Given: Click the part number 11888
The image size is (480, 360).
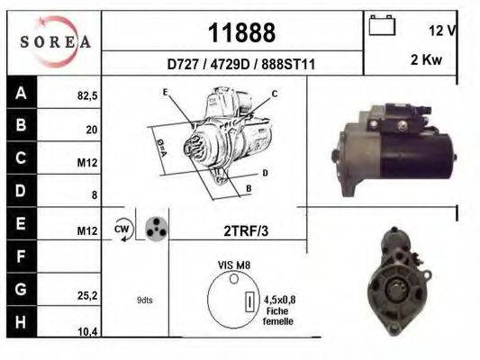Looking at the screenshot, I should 241,33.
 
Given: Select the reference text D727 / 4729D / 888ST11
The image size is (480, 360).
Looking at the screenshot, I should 240,65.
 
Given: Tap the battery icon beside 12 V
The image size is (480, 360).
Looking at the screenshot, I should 382,26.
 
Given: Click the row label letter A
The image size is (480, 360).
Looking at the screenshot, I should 20,93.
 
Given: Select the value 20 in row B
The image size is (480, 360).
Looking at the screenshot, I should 91,130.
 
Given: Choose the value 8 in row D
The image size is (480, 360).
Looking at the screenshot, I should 94,194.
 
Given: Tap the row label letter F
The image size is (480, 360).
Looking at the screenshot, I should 20,257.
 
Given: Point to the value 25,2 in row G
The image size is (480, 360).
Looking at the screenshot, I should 86,293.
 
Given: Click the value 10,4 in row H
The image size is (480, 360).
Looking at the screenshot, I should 86,332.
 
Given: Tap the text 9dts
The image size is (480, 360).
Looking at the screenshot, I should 144,300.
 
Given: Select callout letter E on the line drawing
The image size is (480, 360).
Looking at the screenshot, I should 166,93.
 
